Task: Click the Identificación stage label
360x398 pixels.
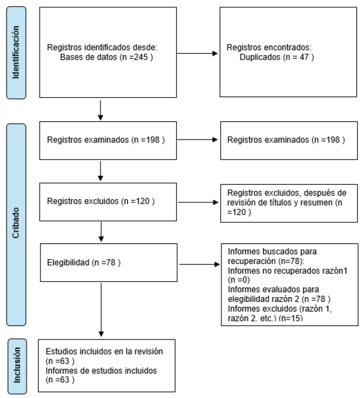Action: pyautogui.click(x=16, y=53)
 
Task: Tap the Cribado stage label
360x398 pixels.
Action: pyautogui.click(x=16, y=223)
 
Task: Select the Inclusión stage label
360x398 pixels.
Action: pyautogui.click(x=17, y=365)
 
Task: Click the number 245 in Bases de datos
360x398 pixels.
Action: pyautogui.click(x=140, y=57)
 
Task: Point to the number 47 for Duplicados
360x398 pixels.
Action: pyautogui.click(x=304, y=57)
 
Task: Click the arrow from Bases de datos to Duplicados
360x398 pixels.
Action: pyautogui.click(x=197, y=53)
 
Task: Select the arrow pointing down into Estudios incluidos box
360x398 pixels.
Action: pyautogui.click(x=101, y=310)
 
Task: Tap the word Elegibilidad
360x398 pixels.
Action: pyautogui.click(x=68, y=263)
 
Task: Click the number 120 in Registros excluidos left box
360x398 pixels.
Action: pyautogui.click(x=143, y=201)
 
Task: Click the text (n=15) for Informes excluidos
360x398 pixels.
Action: pyautogui.click(x=290, y=318)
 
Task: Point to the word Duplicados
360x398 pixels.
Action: pyautogui.click(x=260, y=57)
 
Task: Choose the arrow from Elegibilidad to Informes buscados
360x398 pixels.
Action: pyautogui.click(x=199, y=265)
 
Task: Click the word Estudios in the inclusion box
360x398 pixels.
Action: pyautogui.click(x=61, y=351)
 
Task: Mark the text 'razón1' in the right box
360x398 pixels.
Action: pyautogui.click(x=335, y=271)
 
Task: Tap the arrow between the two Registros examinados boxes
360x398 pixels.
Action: pyautogui.click(x=197, y=140)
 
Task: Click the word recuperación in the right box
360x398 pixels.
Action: pyautogui.click(x=252, y=261)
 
